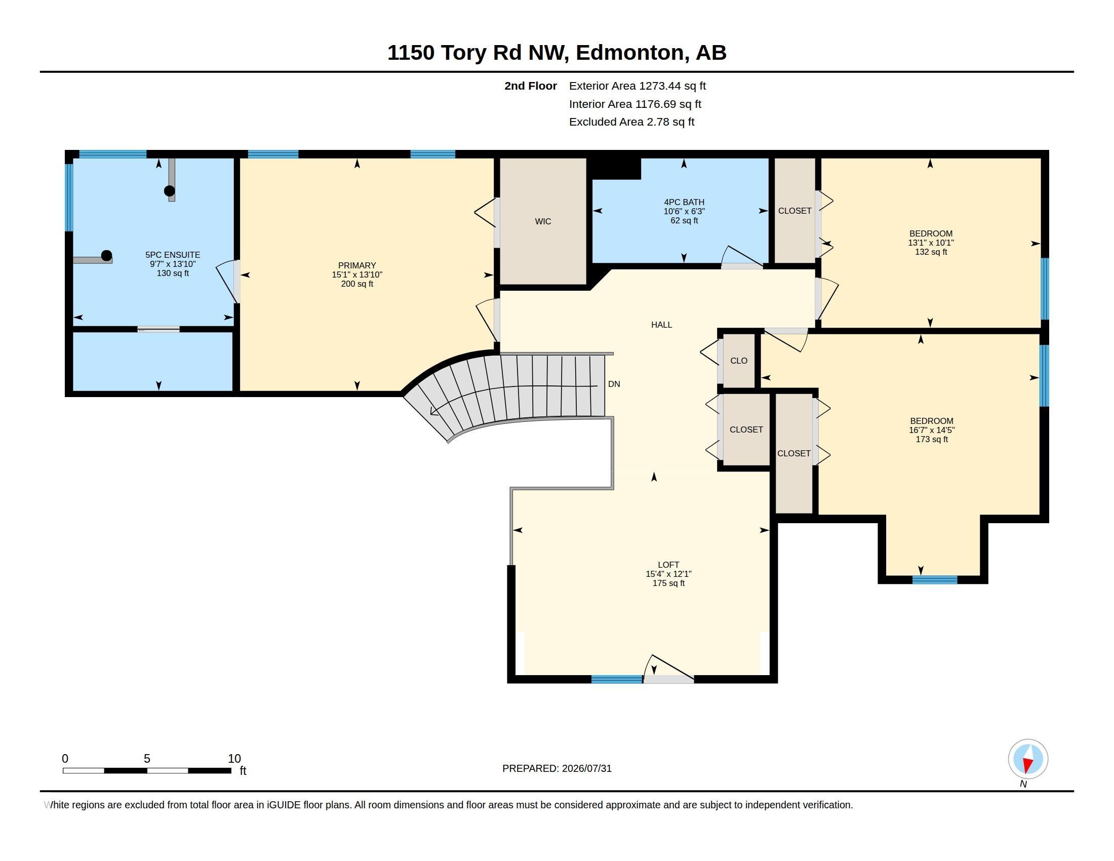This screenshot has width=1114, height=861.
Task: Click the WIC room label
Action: (543, 221)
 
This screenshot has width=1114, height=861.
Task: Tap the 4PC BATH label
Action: (684, 202)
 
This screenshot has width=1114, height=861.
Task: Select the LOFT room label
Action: (668, 565)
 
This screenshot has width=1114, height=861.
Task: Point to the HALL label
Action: (662, 325)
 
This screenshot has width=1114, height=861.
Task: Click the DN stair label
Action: (614, 384)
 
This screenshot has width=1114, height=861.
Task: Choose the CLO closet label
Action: (739, 361)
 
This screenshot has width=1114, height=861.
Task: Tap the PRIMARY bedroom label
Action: (357, 265)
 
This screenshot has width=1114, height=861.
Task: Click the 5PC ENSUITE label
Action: (173, 255)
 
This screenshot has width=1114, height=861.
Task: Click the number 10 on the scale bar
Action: (234, 759)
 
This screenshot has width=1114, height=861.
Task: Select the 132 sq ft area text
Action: (931, 252)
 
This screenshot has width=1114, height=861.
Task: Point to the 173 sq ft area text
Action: (931, 439)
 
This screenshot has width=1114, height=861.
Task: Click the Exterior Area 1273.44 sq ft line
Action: (638, 86)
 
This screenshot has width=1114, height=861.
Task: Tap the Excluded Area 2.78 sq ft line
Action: (632, 122)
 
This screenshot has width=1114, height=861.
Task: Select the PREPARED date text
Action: (557, 768)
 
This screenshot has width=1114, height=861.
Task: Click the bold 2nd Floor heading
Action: (531, 86)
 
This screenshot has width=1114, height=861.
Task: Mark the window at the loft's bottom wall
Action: (617, 679)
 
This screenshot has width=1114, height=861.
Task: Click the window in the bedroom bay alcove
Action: (934, 579)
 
